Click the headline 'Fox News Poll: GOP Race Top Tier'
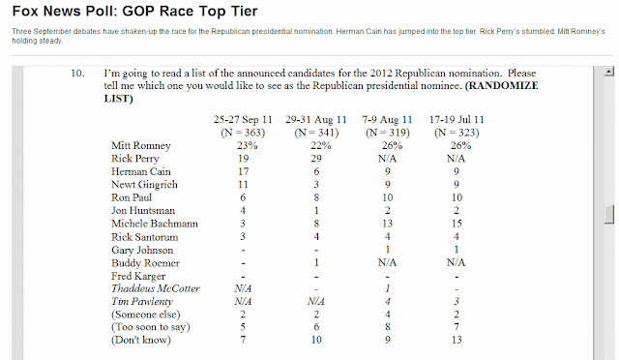pos(134,11)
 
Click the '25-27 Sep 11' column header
pos(243,119)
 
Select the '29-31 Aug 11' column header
pos(316,119)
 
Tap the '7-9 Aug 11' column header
pos(387,119)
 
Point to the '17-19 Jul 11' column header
pos(457,119)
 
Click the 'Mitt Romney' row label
pos(141,146)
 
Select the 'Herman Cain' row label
pos(141,171)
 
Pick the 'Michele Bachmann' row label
pos(155,224)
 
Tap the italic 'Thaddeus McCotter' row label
pos(156,288)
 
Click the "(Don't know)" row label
pos(141,340)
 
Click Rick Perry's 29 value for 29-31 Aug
pos(316,159)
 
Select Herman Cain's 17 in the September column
pos(243,171)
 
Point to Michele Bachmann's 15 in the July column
pos(457,224)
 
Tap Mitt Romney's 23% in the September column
pos(248,146)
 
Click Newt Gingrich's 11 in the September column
pos(243,185)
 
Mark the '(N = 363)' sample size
pos(243,133)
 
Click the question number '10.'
pos(77,74)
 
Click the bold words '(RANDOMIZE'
pos(501,86)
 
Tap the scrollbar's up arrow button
pos(609,72)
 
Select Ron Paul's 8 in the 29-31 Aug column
pos(316,197)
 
